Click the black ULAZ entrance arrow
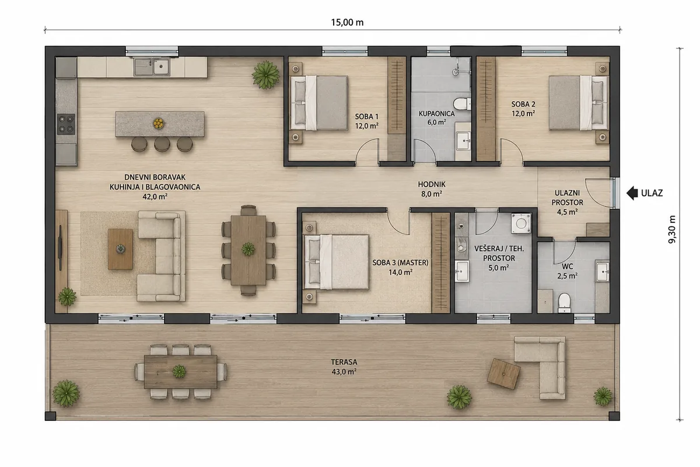[632, 193]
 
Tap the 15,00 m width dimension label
[347, 23]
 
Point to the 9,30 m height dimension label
[672, 229]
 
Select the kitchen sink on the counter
[152, 67]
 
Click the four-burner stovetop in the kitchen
[66, 124]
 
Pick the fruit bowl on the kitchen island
[159, 124]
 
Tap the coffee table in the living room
[120, 249]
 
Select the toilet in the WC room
[565, 303]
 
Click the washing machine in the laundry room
[521, 223]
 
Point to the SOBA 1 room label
[366, 121]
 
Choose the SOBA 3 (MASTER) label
[400, 267]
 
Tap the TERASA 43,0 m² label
[344, 367]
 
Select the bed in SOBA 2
[579, 103]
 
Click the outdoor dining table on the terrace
[181, 372]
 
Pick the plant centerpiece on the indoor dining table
[248, 249]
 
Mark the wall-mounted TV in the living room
[60, 247]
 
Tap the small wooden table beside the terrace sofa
[504, 374]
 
